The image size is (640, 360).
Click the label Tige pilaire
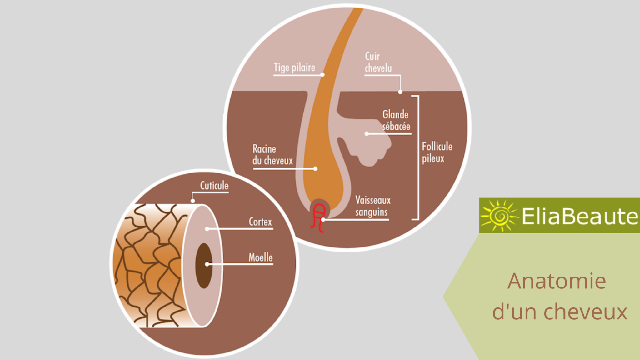(294, 67)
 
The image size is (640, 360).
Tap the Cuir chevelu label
(378, 62)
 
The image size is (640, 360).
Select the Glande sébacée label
(396, 120)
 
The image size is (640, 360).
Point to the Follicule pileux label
(437, 152)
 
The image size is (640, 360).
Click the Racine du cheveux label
(272, 155)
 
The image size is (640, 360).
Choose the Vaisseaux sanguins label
(372, 206)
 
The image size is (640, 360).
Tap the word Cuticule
(214, 186)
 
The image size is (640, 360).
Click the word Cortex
(260, 222)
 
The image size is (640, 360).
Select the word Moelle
(261, 257)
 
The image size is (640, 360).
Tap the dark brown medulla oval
(203, 266)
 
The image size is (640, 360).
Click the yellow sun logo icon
(499, 216)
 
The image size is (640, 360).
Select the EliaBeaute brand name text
(580, 216)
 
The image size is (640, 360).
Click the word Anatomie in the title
(557, 281)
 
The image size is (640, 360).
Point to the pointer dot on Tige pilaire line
(322, 75)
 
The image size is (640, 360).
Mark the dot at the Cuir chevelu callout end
(400, 92)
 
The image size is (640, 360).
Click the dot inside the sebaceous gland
(367, 134)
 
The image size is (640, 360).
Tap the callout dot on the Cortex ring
(207, 229)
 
